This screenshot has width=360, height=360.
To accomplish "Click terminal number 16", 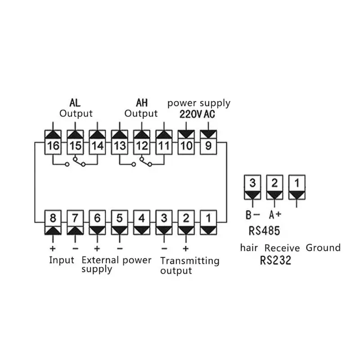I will point(53,145).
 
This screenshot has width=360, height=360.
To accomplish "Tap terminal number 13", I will point(120,145).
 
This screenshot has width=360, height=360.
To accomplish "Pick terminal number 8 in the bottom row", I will point(53,219).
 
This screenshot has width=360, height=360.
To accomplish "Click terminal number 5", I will point(120,219).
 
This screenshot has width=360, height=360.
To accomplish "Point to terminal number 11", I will point(164,145).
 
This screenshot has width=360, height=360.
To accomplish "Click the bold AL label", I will point(76,103).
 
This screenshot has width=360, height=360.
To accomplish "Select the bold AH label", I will point(141,103).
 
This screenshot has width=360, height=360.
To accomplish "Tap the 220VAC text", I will point(197,114).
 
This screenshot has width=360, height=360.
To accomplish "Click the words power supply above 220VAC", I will point(199,103).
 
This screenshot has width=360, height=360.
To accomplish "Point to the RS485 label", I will point(264,231).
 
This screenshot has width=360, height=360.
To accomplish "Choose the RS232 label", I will point(275,260).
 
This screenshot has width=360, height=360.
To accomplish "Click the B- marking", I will point(252,215).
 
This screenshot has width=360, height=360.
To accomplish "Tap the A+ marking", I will point(275,215).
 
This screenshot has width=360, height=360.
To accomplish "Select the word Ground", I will point(323,247).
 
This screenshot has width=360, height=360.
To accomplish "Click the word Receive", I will point(282,248).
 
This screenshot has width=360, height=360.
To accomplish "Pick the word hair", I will point(249,247).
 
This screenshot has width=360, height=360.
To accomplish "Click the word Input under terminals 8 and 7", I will point(62,260).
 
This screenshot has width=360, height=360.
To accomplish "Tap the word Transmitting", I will point(189,261).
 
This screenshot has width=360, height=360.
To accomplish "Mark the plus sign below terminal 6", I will point(96,248).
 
